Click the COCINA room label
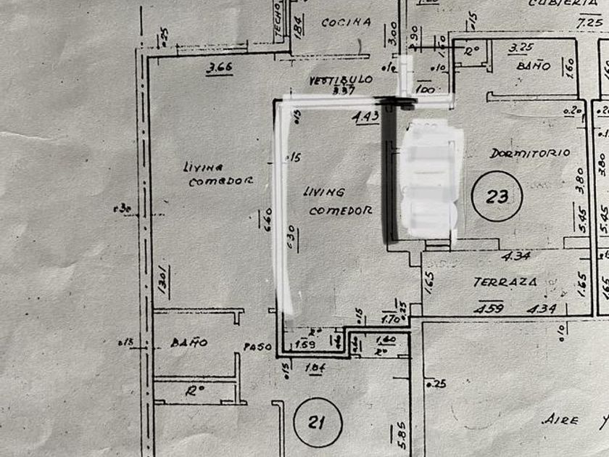pos(347,22)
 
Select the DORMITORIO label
pos(529,154)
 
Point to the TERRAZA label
pos(505,281)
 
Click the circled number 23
pos(497,195)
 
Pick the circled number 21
pos(318,422)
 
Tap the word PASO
pos(257,347)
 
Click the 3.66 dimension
pos(218,69)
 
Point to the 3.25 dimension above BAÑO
pos(522,48)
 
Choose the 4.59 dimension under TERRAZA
pos(489,308)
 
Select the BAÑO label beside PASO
pos(189,342)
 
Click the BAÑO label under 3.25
pos(534,66)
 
